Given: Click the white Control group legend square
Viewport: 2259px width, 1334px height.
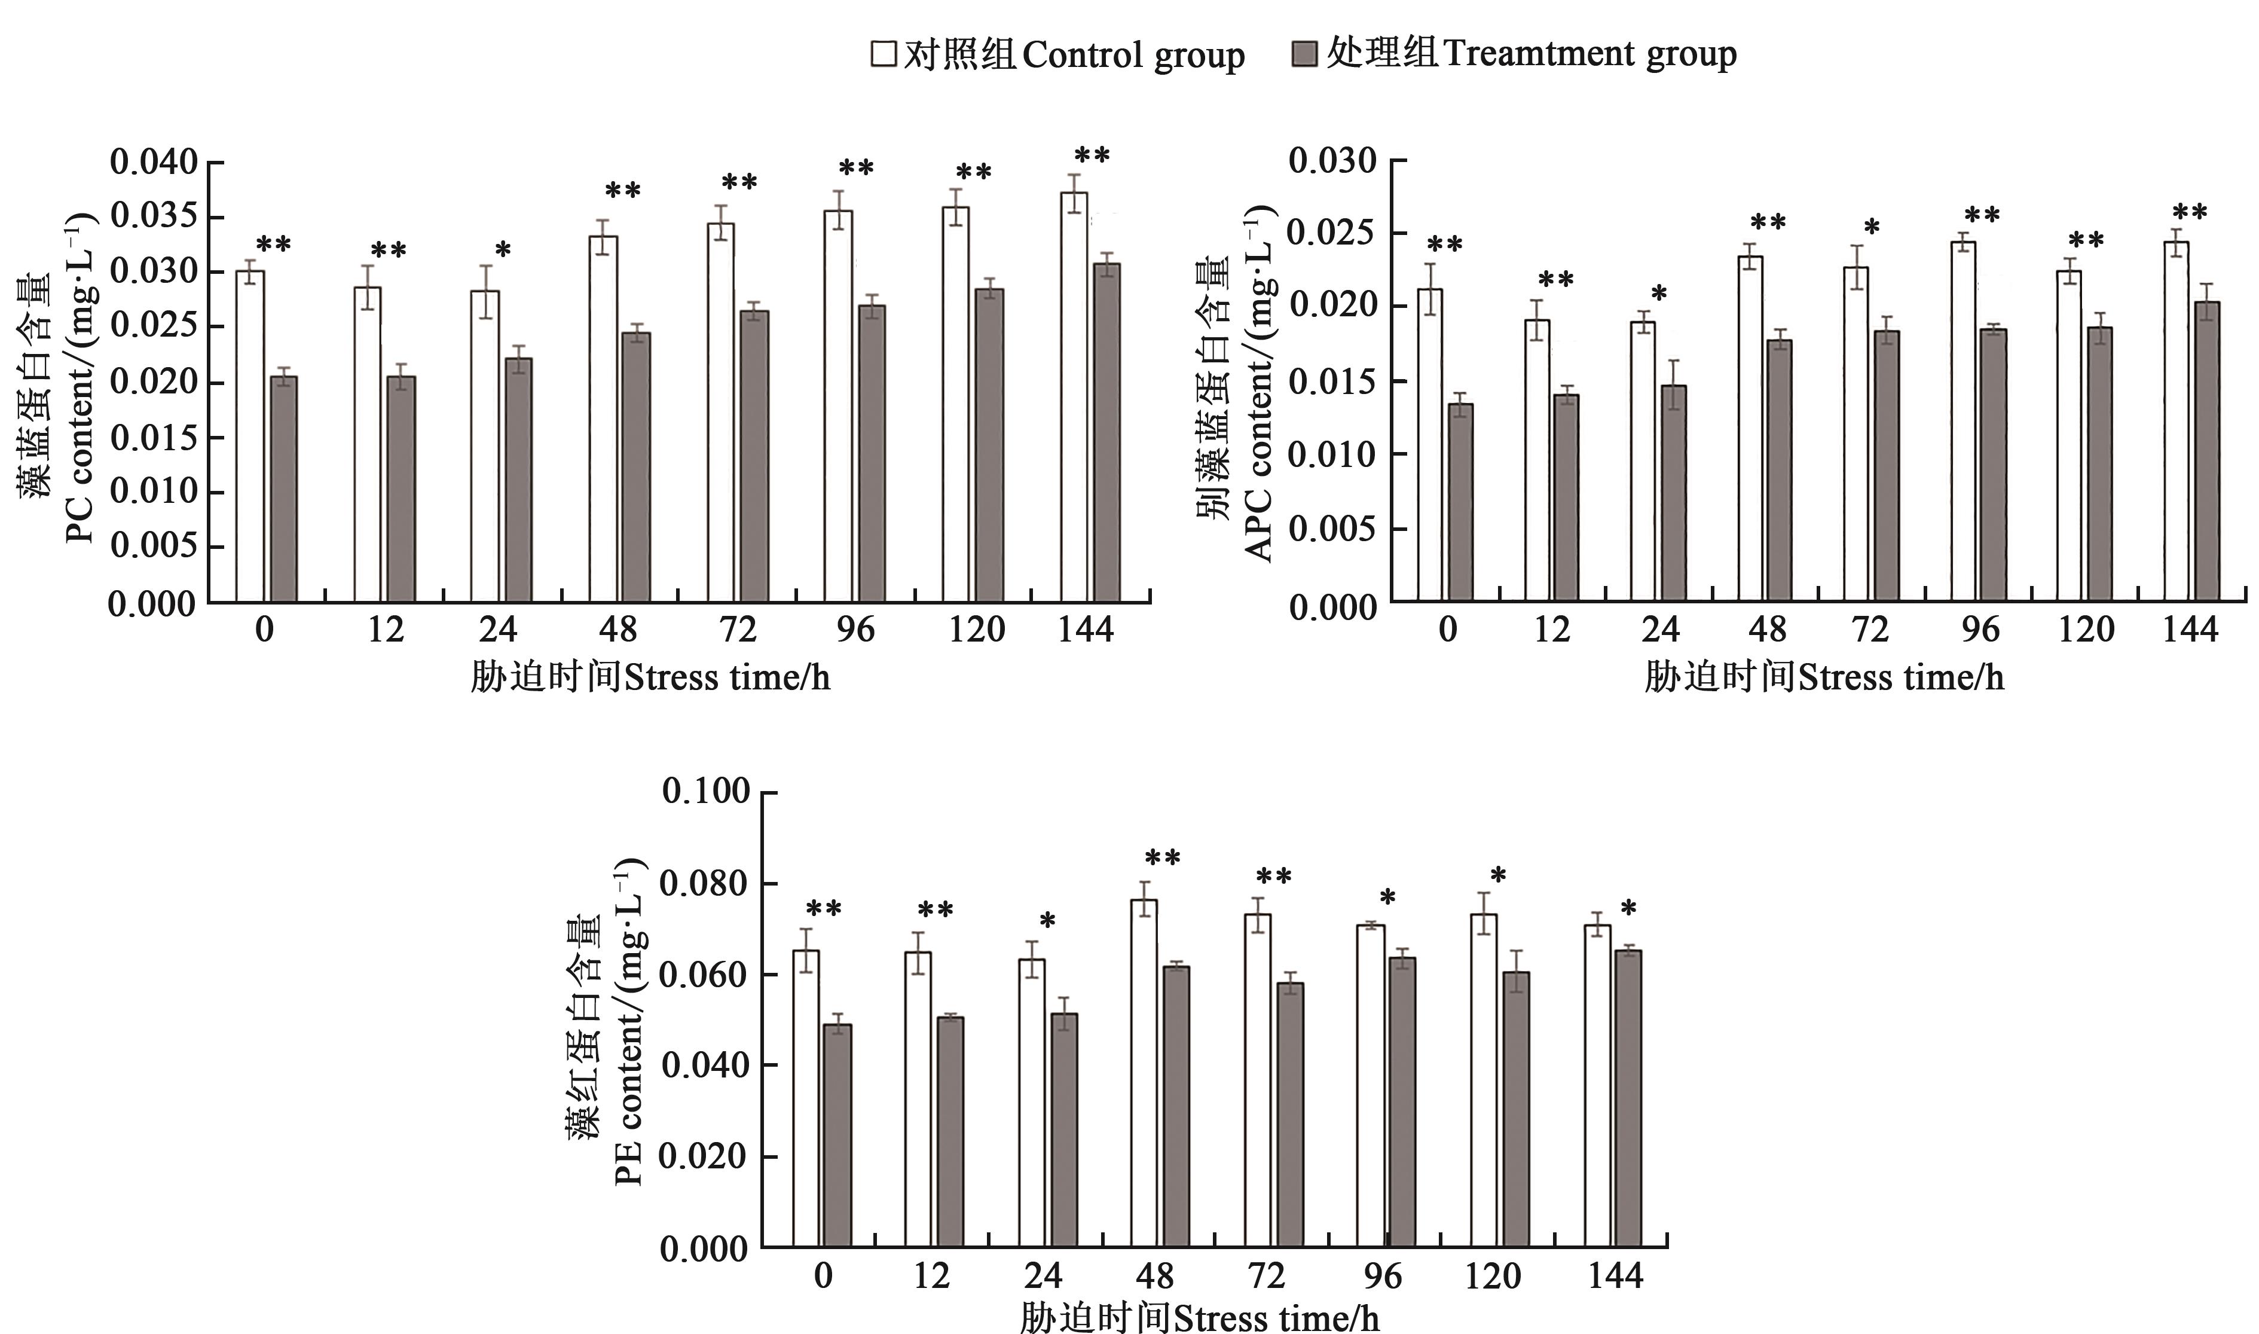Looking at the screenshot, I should [884, 53].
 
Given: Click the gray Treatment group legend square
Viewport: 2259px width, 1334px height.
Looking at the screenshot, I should [1304, 53].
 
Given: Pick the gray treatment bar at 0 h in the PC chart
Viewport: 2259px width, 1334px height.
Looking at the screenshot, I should [284, 489].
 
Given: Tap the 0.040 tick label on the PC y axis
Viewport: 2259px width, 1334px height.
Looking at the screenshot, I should [153, 163].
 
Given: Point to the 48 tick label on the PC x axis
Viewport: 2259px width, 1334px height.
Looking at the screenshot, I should [618, 629].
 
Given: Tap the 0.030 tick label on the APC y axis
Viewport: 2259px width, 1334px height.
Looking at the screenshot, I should [1332, 161].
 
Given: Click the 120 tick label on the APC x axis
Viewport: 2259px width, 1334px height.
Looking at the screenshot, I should [2086, 629].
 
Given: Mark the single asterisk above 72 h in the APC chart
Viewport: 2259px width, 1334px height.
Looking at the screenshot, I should [1872, 228].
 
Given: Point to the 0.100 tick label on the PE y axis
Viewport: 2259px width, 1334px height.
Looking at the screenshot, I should [705, 791].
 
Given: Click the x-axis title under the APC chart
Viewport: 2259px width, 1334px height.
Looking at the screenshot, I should [1824, 677].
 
